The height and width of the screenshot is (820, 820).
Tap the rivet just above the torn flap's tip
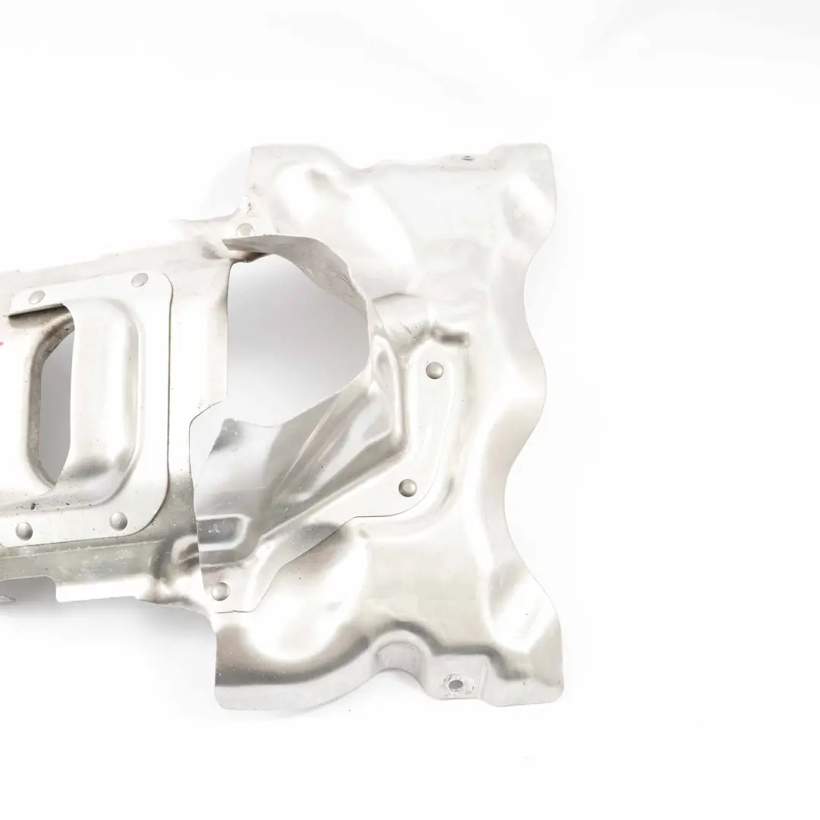click(244, 228)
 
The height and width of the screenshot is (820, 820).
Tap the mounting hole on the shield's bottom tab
click(455, 685)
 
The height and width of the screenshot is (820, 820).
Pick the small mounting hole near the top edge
click(465, 159)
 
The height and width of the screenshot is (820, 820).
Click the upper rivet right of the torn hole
click(435, 370)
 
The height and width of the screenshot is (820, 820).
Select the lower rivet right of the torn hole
click(408, 486)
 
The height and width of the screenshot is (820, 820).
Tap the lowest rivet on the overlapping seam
click(220, 589)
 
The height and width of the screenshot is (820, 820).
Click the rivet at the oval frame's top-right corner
click(139, 280)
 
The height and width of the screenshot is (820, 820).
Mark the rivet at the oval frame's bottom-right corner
click(118, 520)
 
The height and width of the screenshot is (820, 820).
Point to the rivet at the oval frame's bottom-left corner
click(23, 528)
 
